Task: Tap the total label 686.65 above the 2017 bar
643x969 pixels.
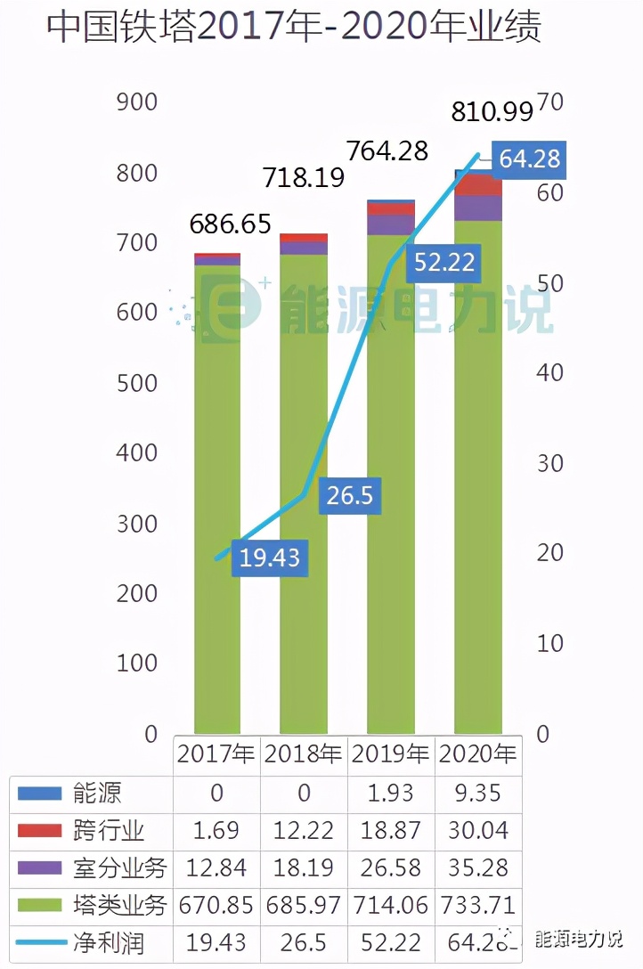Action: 230,224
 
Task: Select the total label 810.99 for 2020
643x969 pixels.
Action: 492,111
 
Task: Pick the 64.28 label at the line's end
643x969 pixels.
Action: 529,159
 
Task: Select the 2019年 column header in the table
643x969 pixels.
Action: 390,753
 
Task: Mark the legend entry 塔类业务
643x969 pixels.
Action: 118,906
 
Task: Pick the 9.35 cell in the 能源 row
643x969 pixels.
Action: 478,792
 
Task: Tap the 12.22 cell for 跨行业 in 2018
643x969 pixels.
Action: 304,830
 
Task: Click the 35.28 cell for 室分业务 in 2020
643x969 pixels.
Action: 478,867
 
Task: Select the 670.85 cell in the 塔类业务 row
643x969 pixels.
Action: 217,906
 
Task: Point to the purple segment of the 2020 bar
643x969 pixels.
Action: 478,208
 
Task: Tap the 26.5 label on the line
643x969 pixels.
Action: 350,495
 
